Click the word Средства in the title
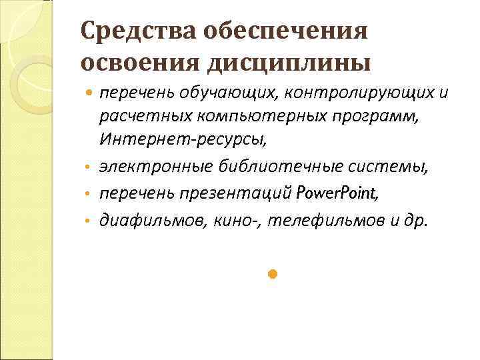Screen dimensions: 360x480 127,31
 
